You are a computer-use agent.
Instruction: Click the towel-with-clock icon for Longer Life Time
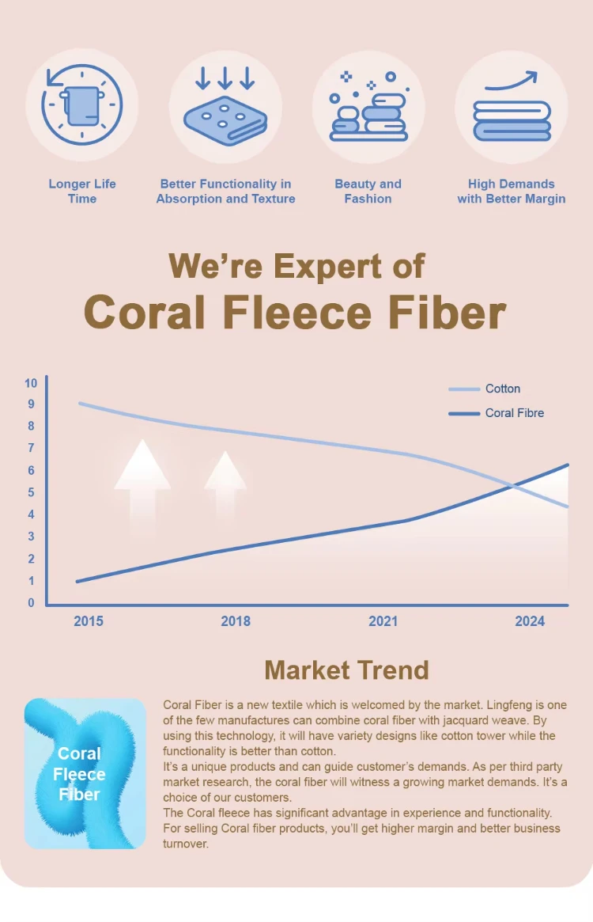pos(82,105)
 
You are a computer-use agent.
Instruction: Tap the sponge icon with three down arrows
pos(225,107)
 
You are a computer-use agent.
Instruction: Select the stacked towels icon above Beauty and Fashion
pos(368,107)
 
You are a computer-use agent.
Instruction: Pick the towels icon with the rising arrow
pos(512,107)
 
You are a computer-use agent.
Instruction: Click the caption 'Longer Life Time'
pos(82,191)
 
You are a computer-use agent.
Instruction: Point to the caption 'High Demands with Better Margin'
pos(512,191)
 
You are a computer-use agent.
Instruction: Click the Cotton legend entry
pos(502,389)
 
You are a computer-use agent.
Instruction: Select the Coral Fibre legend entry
pos(514,413)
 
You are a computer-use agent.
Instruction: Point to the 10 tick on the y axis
pos(31,383)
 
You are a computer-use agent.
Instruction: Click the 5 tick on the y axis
pos(31,492)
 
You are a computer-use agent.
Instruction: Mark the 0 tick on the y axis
pos(31,603)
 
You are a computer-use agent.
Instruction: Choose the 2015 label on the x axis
pos(89,621)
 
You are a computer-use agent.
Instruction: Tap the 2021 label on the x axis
pos(383,621)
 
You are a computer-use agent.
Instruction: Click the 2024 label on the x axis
pos(530,621)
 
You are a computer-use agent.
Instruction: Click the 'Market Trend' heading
pos(346,670)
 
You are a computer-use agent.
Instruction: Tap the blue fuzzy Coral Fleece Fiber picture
pos(85,773)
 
